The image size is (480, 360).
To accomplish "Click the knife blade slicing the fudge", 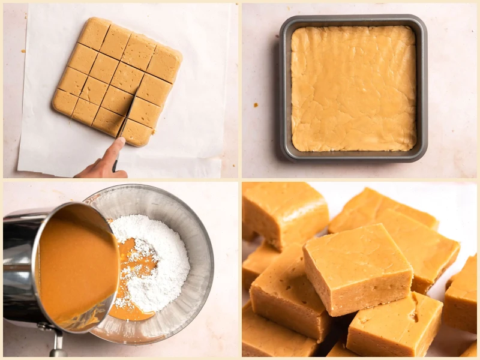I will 128,114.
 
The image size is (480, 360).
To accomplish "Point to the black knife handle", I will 115,164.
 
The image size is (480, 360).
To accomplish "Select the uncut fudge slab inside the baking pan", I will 353,88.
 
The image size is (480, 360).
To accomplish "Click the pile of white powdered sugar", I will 157,258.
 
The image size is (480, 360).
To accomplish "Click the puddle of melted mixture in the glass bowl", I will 129,300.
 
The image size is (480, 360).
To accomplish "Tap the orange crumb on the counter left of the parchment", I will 23,51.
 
